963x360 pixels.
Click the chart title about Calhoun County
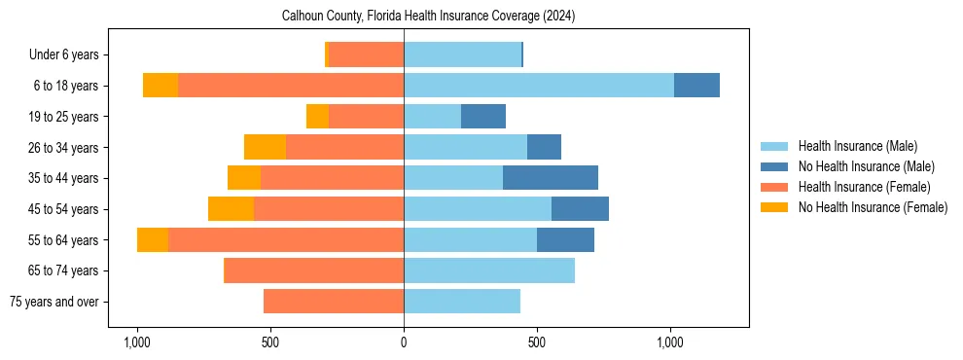click(x=429, y=17)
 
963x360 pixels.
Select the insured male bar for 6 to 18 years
click(x=538, y=86)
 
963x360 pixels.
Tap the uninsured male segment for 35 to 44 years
click(x=550, y=178)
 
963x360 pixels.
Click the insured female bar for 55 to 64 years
click(x=286, y=240)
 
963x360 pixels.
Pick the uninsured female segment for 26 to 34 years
click(x=265, y=148)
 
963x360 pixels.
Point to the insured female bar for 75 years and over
click(x=334, y=302)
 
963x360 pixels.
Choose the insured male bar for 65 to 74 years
click(x=489, y=270)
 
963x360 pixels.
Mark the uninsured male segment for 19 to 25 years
click(x=483, y=117)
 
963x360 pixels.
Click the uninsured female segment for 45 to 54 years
click(x=231, y=209)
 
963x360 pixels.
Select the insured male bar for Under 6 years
click(x=462, y=55)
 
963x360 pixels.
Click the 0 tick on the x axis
click(x=404, y=342)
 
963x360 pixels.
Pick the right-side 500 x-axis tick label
click(x=536, y=342)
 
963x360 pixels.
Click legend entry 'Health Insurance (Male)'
click(x=857, y=146)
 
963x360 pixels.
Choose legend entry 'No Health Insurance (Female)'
click(x=873, y=207)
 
